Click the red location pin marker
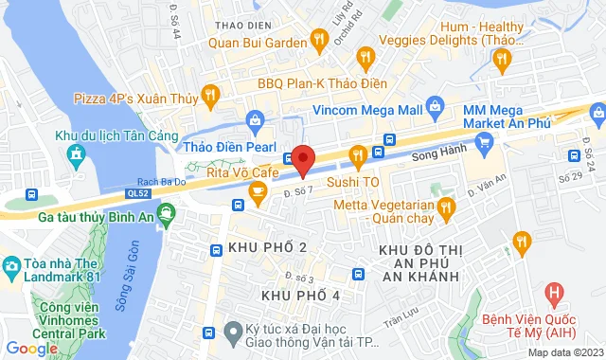(x=302, y=159)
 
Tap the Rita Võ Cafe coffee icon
(x=257, y=192)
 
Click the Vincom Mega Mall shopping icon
(x=435, y=106)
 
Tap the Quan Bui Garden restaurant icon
(x=318, y=39)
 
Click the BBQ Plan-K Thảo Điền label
(x=322, y=82)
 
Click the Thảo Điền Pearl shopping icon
(x=254, y=119)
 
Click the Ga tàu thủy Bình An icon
(x=167, y=212)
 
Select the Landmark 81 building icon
(x=12, y=263)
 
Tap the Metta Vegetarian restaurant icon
(x=444, y=207)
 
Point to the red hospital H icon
(x=556, y=294)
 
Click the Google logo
(x=32, y=349)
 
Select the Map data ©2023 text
(x=564, y=352)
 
